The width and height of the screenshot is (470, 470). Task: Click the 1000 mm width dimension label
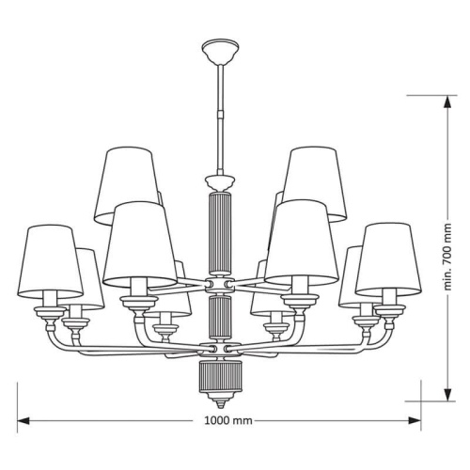(228, 420)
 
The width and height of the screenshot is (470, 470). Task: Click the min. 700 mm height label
(448, 257)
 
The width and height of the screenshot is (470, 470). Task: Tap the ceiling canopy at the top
(220, 51)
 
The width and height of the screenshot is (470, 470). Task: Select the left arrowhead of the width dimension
(23, 420)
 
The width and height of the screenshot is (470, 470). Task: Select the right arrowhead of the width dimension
(415, 420)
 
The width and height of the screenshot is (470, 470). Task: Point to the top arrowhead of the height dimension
(448, 102)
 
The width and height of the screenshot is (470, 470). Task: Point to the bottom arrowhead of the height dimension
(448, 394)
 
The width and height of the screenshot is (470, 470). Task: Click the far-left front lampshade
(50, 261)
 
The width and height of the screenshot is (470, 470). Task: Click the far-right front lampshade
(388, 259)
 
